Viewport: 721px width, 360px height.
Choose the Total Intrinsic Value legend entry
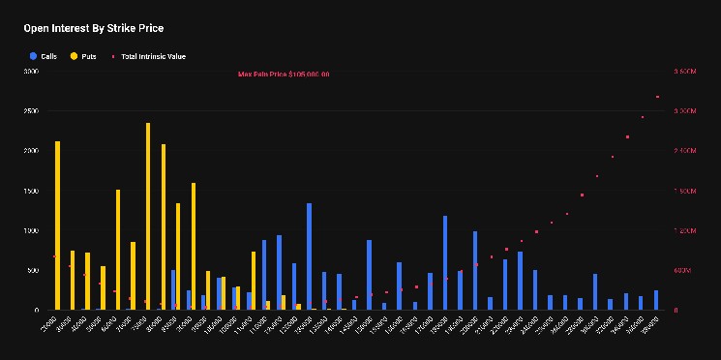click(153, 56)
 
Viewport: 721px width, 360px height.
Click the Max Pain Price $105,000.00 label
click(284, 75)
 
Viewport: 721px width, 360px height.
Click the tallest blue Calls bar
click(309, 256)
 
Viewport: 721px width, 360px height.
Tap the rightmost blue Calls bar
click(655, 300)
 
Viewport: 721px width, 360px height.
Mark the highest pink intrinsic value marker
click(657, 97)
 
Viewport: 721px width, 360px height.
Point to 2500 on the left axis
click(31, 111)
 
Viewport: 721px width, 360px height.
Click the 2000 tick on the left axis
click(31, 151)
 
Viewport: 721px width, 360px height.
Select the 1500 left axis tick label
click(31, 191)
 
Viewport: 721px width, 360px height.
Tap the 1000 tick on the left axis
click(31, 230)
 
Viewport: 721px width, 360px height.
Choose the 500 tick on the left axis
click(33, 270)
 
